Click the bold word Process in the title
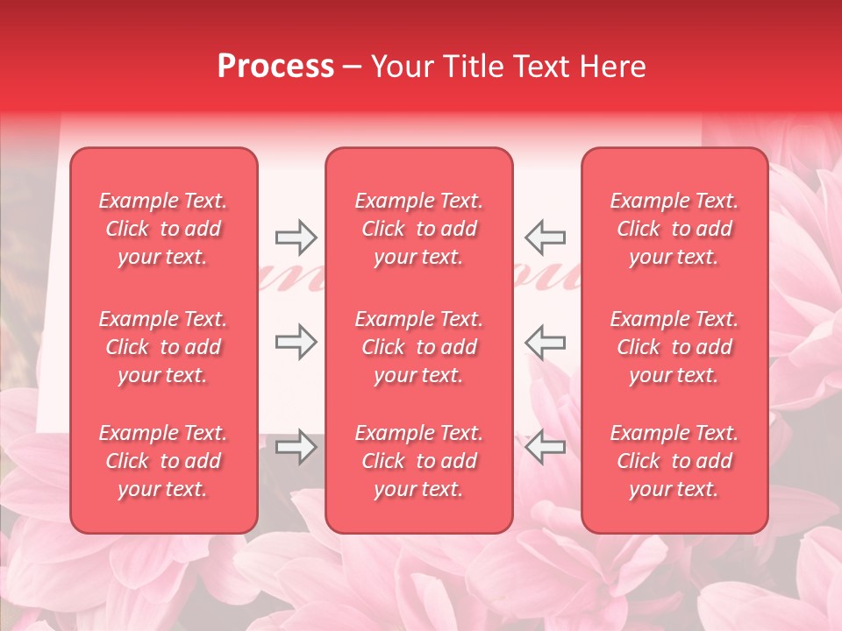pos(275,67)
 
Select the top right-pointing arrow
pos(296,237)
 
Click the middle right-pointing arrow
pos(296,341)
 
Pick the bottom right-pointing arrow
pos(296,447)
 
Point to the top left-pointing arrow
pos(545,237)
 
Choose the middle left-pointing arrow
pos(545,341)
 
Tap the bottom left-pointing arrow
pos(545,447)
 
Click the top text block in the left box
pos(163,229)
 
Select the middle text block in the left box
pos(163,347)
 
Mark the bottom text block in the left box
pos(163,461)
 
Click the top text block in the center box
pos(419,229)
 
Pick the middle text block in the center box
pos(419,347)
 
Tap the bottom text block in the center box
pos(419,461)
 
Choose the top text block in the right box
pos(674,229)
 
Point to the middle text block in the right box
pos(674,347)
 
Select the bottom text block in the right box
pos(674,461)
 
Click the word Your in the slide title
pos(403,67)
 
